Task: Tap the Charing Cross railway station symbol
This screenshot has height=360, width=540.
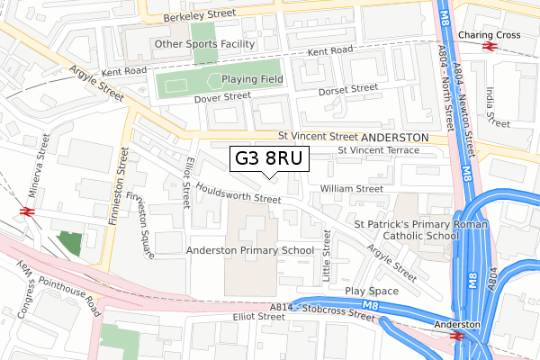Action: pos(490,48)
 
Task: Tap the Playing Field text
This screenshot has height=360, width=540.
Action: pos(247,79)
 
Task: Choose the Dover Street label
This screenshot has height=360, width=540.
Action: pos(222,95)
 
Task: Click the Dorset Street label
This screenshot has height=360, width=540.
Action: pos(348,90)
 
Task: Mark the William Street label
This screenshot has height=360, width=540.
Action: pos(352,189)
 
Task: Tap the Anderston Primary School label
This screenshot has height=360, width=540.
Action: pos(250,250)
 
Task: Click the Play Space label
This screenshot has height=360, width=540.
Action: pos(371,292)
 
